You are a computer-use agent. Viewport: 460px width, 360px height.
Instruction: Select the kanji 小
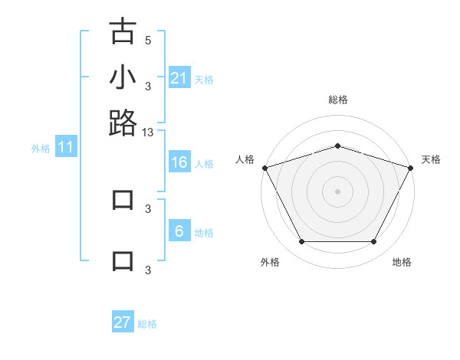click(123, 77)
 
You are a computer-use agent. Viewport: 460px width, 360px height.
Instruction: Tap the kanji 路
click(123, 123)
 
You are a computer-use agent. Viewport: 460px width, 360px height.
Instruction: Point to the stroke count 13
click(148, 133)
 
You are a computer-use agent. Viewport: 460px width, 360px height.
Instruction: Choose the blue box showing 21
click(179, 78)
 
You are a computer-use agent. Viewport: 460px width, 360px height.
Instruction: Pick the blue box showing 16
click(179, 162)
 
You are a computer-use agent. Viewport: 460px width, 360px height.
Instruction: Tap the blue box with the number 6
click(179, 231)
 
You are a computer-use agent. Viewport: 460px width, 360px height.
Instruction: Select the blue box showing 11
click(65, 148)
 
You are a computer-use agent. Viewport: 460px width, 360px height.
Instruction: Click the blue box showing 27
click(123, 322)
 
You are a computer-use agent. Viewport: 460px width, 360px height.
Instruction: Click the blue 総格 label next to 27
click(147, 324)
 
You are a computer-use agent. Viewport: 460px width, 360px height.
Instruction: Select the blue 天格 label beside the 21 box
click(204, 80)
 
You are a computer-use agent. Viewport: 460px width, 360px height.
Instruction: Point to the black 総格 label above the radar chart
click(337, 100)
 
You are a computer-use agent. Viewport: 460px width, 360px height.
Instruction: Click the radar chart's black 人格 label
click(245, 159)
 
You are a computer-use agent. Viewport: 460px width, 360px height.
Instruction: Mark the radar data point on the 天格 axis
click(411, 168)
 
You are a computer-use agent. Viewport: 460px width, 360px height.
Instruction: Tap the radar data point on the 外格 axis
click(301, 242)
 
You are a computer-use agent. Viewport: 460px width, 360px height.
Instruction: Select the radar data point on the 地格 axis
click(374, 242)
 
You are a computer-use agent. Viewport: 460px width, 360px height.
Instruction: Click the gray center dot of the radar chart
click(337, 191)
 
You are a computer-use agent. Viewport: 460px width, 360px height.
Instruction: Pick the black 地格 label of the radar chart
click(402, 262)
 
